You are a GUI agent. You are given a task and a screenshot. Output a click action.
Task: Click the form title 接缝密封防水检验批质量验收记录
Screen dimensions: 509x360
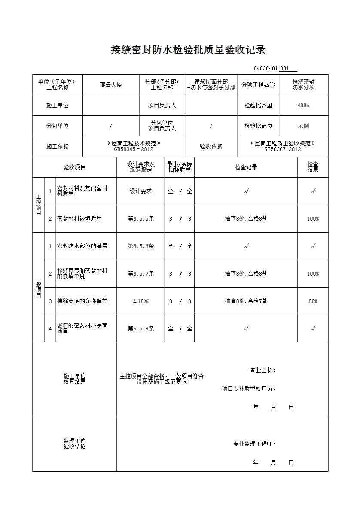[188, 50]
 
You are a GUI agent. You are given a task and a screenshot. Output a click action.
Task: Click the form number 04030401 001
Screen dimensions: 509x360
[275, 68]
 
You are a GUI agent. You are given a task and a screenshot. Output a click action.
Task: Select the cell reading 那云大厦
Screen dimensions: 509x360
[111, 85]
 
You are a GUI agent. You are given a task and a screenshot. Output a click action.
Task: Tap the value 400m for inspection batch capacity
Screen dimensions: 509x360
[303, 106]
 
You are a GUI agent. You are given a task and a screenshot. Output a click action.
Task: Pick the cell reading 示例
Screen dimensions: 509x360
[303, 126]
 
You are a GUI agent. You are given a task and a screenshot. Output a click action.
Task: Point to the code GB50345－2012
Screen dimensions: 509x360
[133, 149]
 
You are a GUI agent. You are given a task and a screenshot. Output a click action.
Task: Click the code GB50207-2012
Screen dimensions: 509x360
[282, 149]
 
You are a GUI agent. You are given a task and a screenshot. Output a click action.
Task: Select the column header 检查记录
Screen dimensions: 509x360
[246, 167]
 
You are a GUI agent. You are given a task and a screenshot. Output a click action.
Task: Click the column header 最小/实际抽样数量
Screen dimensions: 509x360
[180, 167]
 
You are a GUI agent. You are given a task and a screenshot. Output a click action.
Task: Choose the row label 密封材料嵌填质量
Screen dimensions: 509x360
[79, 219]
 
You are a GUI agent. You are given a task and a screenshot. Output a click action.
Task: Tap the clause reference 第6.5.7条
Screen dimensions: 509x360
[140, 274]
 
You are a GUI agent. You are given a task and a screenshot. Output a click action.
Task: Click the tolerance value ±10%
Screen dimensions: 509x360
[140, 301]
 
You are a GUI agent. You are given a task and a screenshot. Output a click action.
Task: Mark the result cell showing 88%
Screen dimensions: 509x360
[313, 301]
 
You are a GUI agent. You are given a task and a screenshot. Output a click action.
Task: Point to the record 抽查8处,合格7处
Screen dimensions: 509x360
[246, 301]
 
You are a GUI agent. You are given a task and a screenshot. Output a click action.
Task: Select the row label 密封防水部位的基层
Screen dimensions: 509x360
[82, 246]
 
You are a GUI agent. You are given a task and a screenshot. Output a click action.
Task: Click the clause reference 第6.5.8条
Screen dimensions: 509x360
[140, 329]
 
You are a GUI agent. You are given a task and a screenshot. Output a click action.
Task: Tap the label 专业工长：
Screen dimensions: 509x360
[262, 370]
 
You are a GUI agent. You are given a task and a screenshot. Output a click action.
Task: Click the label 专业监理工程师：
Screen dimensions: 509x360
[254, 444]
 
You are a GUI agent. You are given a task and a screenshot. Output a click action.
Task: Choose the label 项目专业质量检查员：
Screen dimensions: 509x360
[248, 389]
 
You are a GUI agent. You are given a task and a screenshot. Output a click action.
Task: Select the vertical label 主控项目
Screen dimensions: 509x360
[38, 205]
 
